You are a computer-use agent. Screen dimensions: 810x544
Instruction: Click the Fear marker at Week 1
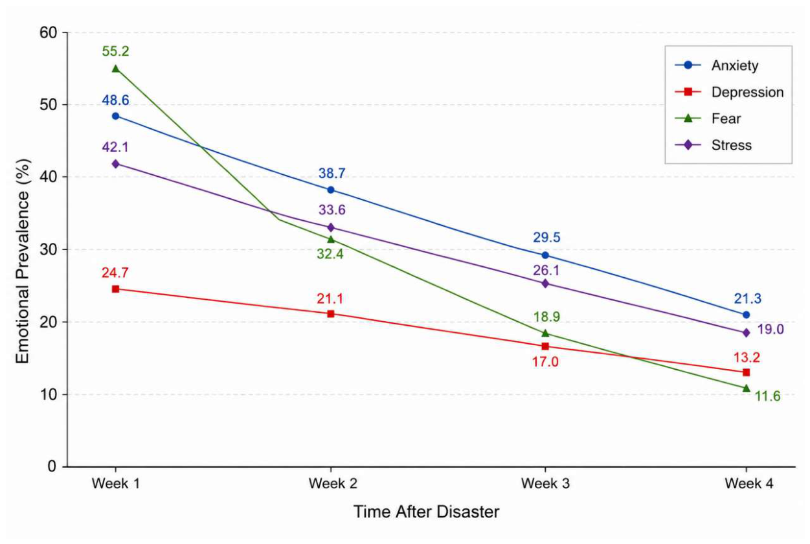(x=116, y=69)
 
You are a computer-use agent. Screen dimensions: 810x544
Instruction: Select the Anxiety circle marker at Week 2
(x=330, y=190)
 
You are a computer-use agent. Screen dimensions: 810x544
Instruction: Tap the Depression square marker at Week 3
(x=545, y=346)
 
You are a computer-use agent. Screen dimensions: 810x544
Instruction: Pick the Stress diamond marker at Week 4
(x=746, y=333)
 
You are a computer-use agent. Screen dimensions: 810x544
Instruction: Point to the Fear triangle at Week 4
(x=746, y=388)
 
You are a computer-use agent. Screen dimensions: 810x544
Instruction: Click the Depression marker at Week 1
(x=116, y=289)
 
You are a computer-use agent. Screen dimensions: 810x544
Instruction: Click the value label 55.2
(x=115, y=51)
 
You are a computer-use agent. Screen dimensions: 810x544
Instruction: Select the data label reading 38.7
(x=332, y=174)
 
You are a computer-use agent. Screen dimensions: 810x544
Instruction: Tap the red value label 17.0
(x=545, y=362)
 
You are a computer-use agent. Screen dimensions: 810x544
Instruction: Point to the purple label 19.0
(x=771, y=329)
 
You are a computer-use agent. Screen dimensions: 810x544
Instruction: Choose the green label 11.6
(x=767, y=396)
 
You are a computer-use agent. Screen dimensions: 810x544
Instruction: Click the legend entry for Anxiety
(x=717, y=65)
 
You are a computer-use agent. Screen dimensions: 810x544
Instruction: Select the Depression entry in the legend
(x=729, y=92)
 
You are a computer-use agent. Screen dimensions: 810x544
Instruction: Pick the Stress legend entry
(x=714, y=145)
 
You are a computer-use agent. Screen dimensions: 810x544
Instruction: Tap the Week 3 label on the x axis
(x=545, y=483)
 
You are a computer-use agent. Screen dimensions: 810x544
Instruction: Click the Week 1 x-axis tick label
(x=116, y=483)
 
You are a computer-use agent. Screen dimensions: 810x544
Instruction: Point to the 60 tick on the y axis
(x=49, y=32)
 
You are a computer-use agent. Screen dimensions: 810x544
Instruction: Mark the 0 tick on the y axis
(x=52, y=466)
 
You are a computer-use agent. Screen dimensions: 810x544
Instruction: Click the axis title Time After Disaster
(x=426, y=512)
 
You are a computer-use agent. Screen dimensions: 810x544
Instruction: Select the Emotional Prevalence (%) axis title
(x=23, y=261)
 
